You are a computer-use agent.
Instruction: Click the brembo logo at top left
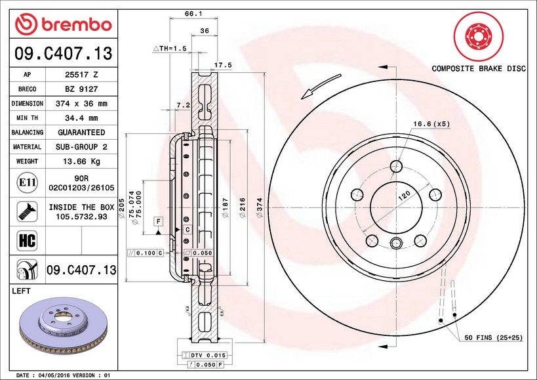pos(63,25)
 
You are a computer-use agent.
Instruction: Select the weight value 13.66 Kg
pos(82,161)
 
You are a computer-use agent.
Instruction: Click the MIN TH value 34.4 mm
pos(82,118)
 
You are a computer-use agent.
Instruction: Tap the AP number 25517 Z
pos(82,75)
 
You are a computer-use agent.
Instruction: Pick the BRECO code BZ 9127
pos(82,89)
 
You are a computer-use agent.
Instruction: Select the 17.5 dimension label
pos(224,65)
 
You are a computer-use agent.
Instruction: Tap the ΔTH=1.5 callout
pos(170,49)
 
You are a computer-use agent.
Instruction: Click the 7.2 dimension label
pos(183,105)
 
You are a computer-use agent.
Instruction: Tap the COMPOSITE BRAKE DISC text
pos(479,68)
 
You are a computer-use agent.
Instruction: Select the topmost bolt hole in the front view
pos(395,167)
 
